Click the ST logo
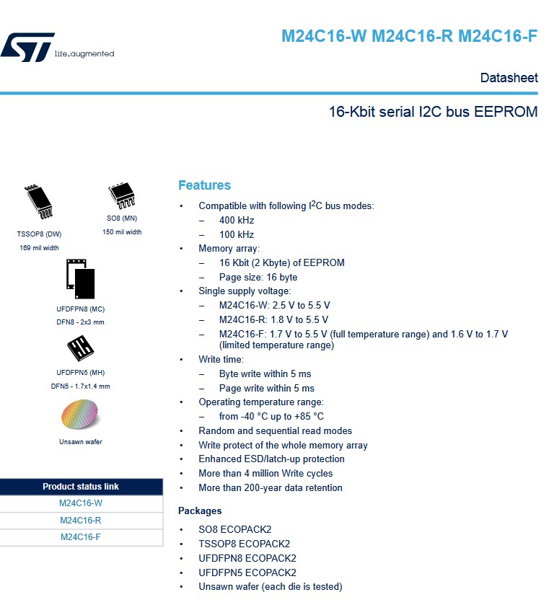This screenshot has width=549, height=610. [x=27, y=47]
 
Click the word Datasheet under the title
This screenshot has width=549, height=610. [x=509, y=78]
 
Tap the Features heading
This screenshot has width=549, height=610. [x=204, y=185]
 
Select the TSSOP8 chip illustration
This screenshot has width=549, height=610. [x=39, y=202]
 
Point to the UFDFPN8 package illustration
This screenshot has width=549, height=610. [x=80, y=278]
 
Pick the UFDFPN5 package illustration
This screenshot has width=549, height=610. [x=79, y=349]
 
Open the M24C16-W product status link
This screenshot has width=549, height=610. [x=81, y=503]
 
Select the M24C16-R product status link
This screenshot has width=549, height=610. [x=81, y=521]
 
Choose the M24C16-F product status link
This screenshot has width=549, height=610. [x=81, y=537]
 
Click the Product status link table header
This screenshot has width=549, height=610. [x=81, y=487]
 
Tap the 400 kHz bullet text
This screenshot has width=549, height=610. [x=237, y=221]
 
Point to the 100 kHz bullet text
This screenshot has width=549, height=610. [x=237, y=235]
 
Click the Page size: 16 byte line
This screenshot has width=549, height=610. [x=258, y=278]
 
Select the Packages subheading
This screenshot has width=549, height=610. [x=200, y=511]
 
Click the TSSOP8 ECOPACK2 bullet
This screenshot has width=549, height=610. [x=244, y=544]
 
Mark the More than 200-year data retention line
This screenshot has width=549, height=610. [x=271, y=488]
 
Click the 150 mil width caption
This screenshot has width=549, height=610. [x=122, y=232]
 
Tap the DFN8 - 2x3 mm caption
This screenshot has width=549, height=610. [x=80, y=322]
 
